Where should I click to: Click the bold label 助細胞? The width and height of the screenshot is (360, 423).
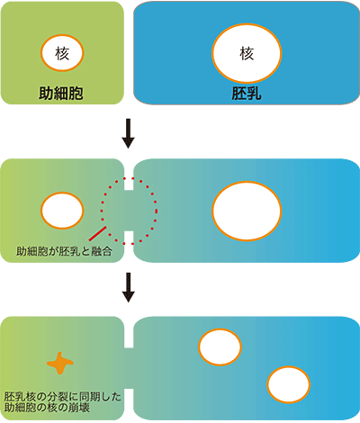(61, 94)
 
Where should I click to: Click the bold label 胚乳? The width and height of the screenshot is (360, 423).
(247, 94)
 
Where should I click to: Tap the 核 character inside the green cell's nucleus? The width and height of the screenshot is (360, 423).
(62, 53)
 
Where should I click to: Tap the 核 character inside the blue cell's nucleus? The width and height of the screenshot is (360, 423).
(247, 53)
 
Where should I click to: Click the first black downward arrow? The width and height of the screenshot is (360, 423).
(128, 133)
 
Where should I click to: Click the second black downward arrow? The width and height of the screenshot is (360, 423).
(128, 287)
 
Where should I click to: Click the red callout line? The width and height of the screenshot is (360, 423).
(97, 233)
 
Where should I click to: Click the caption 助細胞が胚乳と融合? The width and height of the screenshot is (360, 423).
(64, 251)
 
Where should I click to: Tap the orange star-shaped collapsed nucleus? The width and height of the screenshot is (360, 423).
(60, 364)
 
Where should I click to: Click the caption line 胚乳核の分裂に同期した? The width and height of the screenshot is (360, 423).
(63, 397)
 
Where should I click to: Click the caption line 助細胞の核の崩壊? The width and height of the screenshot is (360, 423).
(47, 408)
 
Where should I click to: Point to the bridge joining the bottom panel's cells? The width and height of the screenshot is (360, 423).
(129, 368)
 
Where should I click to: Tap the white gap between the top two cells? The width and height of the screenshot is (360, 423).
(129, 53)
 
